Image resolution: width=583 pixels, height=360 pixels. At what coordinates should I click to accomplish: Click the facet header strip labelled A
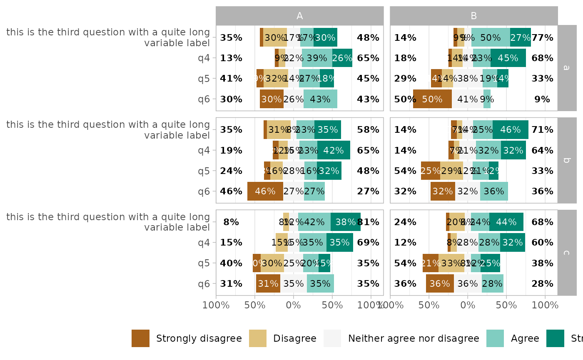pyautogui.click(x=299, y=16)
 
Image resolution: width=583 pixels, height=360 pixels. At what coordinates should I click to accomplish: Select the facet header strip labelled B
pyautogui.click(x=473, y=16)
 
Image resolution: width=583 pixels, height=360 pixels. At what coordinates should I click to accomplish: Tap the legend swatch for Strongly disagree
pyautogui.click(x=140, y=338)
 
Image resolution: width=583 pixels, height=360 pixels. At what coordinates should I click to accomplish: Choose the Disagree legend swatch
pyautogui.click(x=258, y=338)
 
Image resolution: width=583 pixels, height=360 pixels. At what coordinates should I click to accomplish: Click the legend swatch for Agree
pyautogui.click(x=495, y=338)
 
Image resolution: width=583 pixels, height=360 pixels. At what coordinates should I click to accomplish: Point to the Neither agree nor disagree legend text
pyautogui.click(x=414, y=338)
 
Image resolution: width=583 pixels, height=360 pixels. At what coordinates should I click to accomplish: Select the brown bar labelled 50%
pyautogui.click(x=432, y=99)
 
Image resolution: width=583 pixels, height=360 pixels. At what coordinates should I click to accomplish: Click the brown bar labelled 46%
pyautogui.click(x=265, y=191)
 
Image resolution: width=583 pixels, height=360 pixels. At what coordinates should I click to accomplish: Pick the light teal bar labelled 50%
pyautogui.click(x=491, y=37)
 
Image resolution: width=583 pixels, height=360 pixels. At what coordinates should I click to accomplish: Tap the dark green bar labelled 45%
pyautogui.click(x=508, y=58)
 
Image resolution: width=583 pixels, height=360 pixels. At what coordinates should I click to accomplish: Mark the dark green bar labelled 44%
pyautogui.click(x=506, y=222)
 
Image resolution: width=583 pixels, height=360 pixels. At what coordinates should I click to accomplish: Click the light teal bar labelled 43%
pyautogui.click(x=320, y=99)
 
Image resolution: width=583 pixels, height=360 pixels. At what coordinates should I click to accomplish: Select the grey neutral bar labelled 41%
pyautogui.click(x=468, y=99)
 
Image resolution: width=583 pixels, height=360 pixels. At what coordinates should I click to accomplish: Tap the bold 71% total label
pyautogui.click(x=542, y=129)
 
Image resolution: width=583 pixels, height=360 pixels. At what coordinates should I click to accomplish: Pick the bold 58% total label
pyautogui.click(x=368, y=129)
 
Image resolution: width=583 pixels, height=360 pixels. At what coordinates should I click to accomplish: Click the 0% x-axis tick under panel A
pyautogui.click(x=294, y=305)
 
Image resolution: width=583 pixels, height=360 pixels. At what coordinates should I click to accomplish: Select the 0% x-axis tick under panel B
pyautogui.click(x=468, y=305)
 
